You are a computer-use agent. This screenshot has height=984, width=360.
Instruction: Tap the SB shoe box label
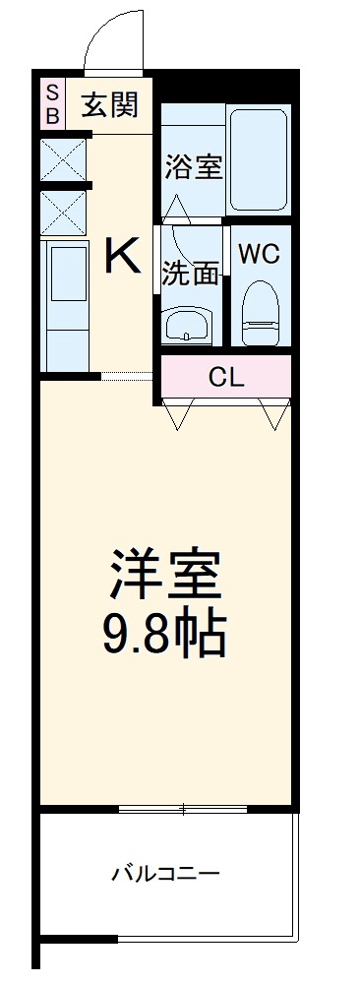pyautogui.click(x=52, y=104)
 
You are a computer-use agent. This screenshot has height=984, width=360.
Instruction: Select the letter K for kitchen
pyautogui.click(x=123, y=258)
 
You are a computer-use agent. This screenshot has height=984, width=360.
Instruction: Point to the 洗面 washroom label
pyautogui.click(x=190, y=274)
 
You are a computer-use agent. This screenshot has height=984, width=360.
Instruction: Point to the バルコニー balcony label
pyautogui.click(x=165, y=873)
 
